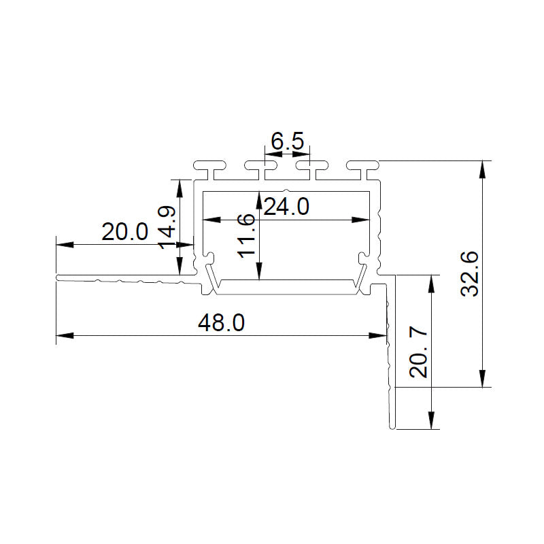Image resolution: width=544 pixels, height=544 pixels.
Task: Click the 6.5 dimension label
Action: pos(287,142)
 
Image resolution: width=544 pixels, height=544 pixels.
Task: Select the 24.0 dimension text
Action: pos(286,205)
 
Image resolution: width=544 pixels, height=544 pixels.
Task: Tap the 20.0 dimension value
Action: pos(124,232)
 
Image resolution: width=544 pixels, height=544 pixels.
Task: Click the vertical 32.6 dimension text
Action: pos(471,274)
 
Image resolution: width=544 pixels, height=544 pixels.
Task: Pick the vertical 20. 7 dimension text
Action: pos(419,352)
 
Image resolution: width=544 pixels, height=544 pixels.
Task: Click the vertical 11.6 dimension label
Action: pos(247,235)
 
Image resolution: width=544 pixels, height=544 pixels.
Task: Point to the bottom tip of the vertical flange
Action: pos(392,427)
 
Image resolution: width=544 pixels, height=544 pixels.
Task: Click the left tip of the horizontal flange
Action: pos(58,277)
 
